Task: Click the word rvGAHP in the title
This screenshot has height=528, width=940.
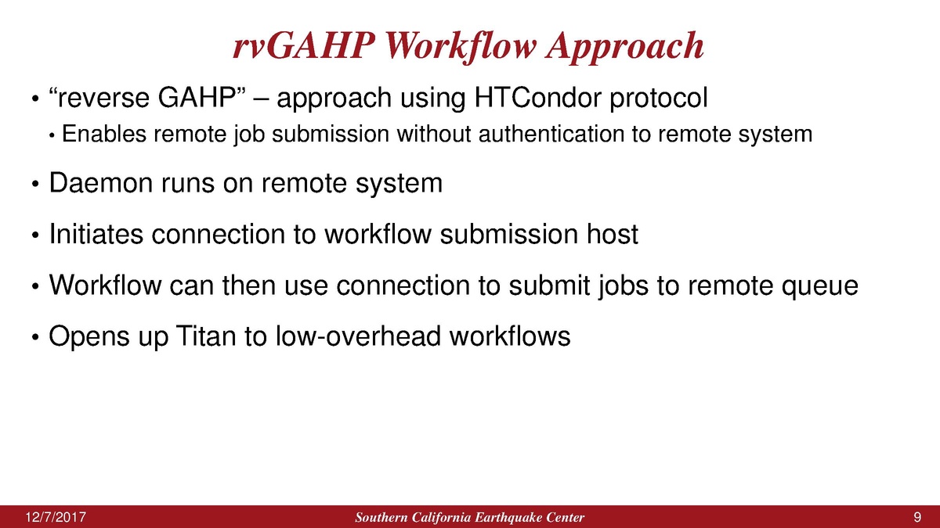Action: click(x=303, y=45)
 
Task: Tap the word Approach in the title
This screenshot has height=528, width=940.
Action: click(x=625, y=48)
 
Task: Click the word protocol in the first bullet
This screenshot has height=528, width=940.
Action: click(x=659, y=99)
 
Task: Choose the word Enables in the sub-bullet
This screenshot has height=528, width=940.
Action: click(x=104, y=134)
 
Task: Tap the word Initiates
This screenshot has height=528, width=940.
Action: click(x=96, y=234)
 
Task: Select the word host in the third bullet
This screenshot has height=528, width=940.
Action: click(x=613, y=234)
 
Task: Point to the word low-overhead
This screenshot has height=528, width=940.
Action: click(x=358, y=336)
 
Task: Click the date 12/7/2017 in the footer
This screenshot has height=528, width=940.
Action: click(x=56, y=518)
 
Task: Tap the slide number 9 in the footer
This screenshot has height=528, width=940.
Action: click(x=917, y=518)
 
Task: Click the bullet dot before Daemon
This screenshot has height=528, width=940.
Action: click(x=35, y=185)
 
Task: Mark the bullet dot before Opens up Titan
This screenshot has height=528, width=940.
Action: click(x=35, y=337)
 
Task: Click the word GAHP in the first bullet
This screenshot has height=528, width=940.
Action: click(x=197, y=98)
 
